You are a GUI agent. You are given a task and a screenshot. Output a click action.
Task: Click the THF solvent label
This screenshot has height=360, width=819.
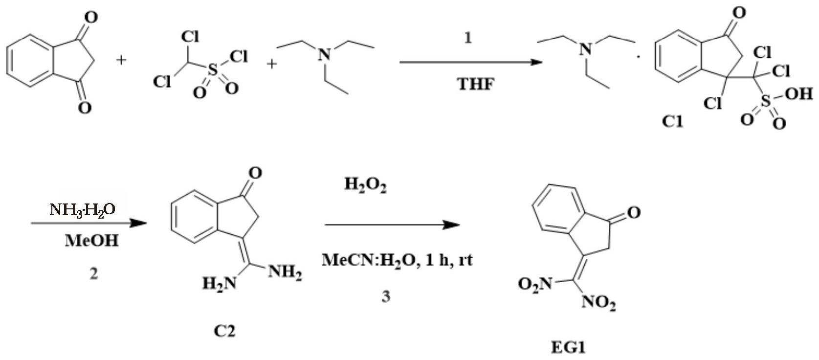pyautogui.click(x=475, y=84)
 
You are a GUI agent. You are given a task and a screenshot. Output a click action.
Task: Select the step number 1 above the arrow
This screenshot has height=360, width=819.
pyautogui.click(x=468, y=38)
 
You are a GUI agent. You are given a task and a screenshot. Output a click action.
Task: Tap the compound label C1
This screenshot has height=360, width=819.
pyautogui.click(x=673, y=122)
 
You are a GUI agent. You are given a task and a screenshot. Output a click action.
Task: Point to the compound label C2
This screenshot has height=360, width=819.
pyautogui.click(x=224, y=331)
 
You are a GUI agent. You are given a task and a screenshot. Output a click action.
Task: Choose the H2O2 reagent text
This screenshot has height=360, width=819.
pyautogui.click(x=365, y=185)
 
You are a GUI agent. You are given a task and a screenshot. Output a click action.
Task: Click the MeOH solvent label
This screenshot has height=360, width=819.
pyautogui.click(x=91, y=241)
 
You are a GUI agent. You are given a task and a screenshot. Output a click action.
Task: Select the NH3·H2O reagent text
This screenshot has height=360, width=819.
pyautogui.click(x=83, y=209)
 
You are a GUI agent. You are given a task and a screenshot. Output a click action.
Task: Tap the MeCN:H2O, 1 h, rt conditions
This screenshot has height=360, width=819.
pyautogui.click(x=397, y=260)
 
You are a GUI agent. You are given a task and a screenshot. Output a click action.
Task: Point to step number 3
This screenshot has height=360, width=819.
pyautogui.click(x=386, y=296)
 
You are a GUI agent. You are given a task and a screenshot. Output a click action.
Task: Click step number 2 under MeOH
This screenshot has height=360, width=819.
pyautogui.click(x=93, y=273)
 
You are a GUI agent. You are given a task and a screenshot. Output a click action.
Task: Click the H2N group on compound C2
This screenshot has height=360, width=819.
pyautogui.click(x=219, y=282)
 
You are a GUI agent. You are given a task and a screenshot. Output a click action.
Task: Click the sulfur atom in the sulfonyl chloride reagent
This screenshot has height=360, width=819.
pyautogui.click(x=212, y=71)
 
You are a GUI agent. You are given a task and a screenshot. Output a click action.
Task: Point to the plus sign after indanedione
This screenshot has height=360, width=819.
pyautogui.click(x=121, y=60)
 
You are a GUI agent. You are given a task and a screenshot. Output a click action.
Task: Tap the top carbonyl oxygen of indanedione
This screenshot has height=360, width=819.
pyautogui.click(x=90, y=18)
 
